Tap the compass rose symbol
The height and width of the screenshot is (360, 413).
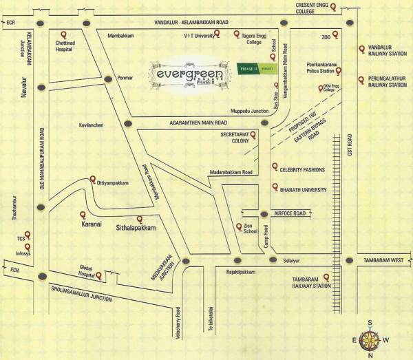(372, 337)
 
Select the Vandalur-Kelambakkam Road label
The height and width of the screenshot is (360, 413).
(176, 23)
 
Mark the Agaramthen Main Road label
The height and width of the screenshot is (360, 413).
(198, 123)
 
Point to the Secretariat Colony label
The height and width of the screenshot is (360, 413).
(235, 139)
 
